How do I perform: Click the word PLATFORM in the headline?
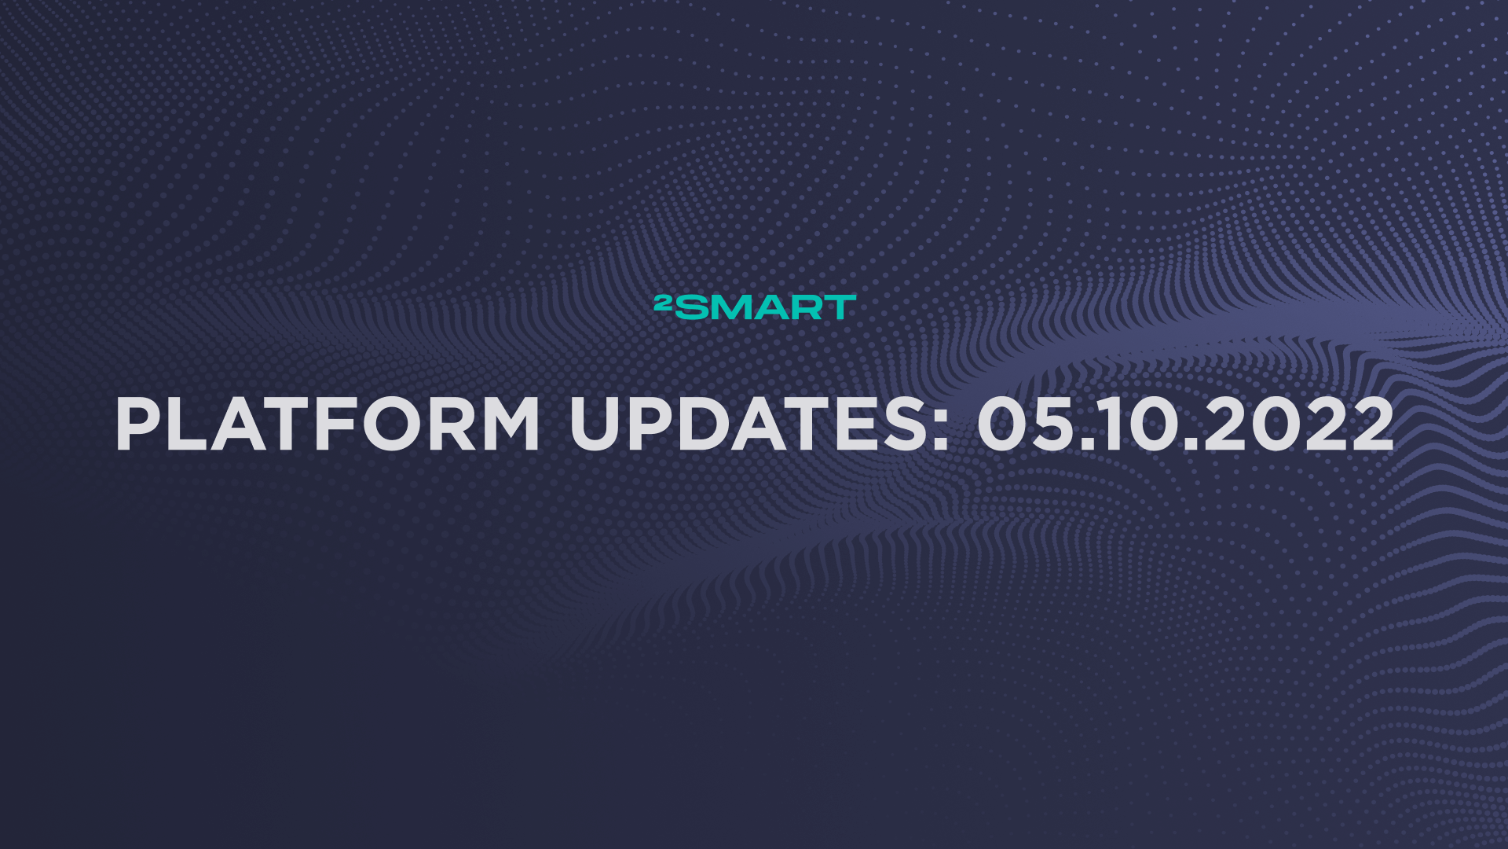[328, 424]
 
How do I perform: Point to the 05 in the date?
[1025, 424]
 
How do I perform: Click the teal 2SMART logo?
[755, 307]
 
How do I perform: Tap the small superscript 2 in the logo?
[662, 301]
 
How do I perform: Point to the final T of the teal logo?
[839, 307]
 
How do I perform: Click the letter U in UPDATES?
[595, 424]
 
